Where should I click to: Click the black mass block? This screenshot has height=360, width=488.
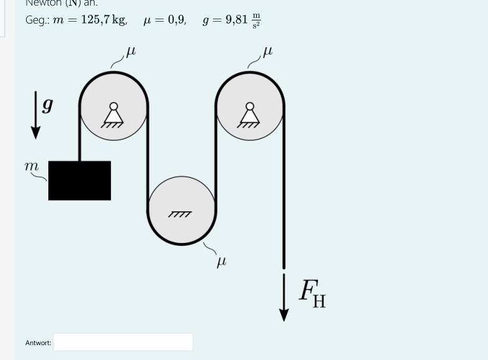pos(79,180)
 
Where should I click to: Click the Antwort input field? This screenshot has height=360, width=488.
pos(123,342)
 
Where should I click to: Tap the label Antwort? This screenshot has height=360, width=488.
pos(38,343)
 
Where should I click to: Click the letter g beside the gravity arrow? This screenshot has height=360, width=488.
pos(47,105)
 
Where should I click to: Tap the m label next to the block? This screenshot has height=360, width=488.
pos(31,166)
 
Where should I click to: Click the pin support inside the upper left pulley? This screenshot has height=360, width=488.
pos(113,115)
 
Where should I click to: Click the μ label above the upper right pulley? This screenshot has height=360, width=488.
pos(267,53)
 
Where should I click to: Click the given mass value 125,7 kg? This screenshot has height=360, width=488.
pos(104,20)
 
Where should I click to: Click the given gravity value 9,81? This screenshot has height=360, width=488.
pos(236,20)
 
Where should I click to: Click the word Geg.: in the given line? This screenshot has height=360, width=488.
pos(36,20)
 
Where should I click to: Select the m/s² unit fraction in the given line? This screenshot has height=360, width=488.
pos(255,21)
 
